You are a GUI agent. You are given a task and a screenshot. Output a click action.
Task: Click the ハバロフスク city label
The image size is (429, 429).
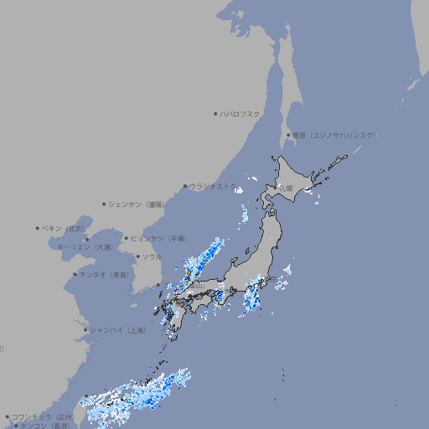pyautogui.click(x=240, y=113)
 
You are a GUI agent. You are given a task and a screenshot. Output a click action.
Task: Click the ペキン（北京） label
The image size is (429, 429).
pyautogui.click(x=65, y=228)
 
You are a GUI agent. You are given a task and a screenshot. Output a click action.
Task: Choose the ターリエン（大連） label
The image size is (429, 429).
pyautogui.click(x=85, y=247)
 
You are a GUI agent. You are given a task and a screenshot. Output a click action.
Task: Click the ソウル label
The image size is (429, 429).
pyautogui.click(x=152, y=256)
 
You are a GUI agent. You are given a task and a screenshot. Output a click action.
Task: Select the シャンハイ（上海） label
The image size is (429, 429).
pyautogui.click(x=118, y=330)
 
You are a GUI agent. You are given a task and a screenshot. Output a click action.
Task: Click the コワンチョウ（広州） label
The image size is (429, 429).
pyautogui.click(x=43, y=416)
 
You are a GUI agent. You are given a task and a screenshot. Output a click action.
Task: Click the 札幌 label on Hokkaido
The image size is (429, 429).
pyautogui.click(x=287, y=189)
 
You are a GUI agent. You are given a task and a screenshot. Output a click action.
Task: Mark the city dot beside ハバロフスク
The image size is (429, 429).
pyautogui.click(x=215, y=113)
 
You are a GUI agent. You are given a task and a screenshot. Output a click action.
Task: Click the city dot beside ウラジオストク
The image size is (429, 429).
pyautogui.click(x=185, y=186)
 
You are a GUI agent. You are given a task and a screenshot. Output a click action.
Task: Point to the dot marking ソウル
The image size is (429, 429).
pyautogui.click(x=137, y=256)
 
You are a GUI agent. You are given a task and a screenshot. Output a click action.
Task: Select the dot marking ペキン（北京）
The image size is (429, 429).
pyautogui.click(x=38, y=228)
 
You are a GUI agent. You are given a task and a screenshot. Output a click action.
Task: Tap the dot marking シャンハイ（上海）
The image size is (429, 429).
pyautogui.click(x=85, y=330)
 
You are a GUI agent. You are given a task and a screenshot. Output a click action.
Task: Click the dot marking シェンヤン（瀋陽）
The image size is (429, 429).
pyautogui.click(x=105, y=204)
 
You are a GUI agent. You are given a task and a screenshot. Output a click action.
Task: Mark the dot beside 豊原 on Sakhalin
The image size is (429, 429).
pyautogui.click(x=288, y=135)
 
